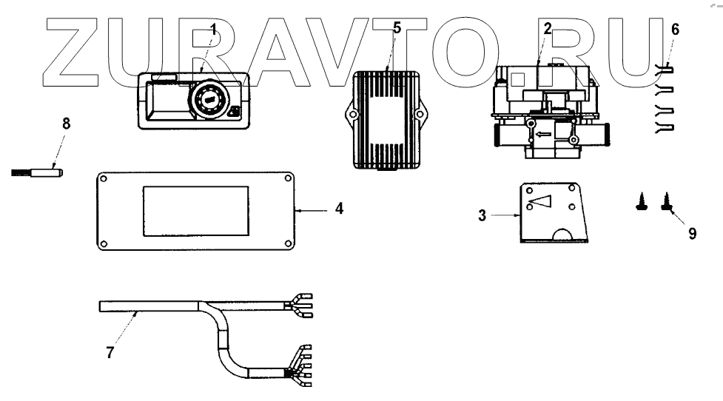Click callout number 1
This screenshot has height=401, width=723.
213,30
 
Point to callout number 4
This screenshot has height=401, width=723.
338,209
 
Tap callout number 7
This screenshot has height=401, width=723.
109,353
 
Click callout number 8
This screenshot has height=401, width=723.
67,123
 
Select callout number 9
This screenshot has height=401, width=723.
692,233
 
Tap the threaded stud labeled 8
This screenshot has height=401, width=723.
37,173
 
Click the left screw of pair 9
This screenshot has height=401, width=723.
642,200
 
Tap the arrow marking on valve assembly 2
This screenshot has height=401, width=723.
542,135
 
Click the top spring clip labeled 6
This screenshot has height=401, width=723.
665,70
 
